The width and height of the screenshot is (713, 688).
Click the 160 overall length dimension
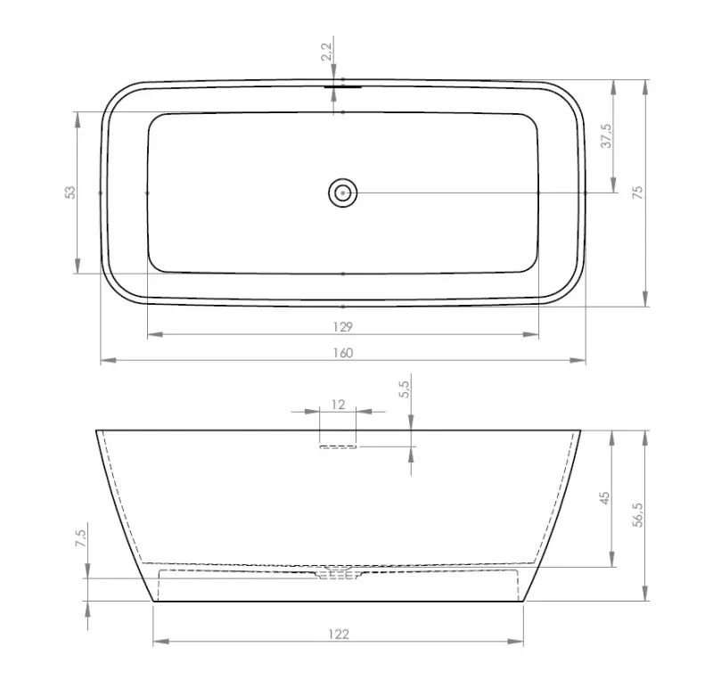click(x=343, y=353)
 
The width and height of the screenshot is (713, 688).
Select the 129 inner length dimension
click(x=343, y=327)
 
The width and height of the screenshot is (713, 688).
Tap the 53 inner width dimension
click(x=70, y=192)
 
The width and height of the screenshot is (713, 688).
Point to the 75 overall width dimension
click(x=637, y=192)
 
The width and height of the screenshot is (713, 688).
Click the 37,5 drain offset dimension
click(x=606, y=135)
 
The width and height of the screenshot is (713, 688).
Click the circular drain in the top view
click(x=342, y=192)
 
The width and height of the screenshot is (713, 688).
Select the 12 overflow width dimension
click(x=338, y=404)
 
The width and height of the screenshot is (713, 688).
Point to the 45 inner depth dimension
click(x=605, y=498)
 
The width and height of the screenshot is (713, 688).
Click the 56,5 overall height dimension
click(x=637, y=514)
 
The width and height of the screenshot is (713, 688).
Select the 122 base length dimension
click(x=338, y=634)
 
